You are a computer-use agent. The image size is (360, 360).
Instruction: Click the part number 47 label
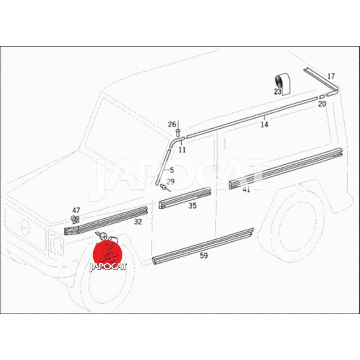pyautogui.click(x=76, y=210)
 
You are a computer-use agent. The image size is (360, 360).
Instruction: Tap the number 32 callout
pyautogui.click(x=138, y=222)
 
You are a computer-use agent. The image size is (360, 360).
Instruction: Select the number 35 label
pyautogui.click(x=193, y=206)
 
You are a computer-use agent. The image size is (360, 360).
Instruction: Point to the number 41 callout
pyautogui.click(x=246, y=189)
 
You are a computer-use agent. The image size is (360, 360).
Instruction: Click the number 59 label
pyautogui.click(x=204, y=256)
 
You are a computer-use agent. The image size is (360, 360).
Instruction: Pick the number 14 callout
pyautogui.click(x=265, y=125)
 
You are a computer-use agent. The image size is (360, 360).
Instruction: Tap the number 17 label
pyautogui.click(x=331, y=76)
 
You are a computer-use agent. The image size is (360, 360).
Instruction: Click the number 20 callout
pyautogui.click(x=322, y=104)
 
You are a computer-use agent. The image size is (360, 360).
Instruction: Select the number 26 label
pyautogui.click(x=172, y=125)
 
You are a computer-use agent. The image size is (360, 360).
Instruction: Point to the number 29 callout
pyautogui.click(x=171, y=182)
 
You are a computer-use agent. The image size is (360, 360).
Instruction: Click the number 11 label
pyautogui.click(x=182, y=150)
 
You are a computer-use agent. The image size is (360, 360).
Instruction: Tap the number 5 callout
pyautogui.click(x=172, y=171)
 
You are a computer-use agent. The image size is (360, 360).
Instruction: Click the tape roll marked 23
pyautogui.click(x=283, y=84)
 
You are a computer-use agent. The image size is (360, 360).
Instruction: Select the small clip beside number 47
pyautogui.click(x=75, y=220)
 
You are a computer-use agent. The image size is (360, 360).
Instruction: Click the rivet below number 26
pyautogui.click(x=178, y=132)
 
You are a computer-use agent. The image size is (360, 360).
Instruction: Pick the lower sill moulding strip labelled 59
pyautogui.click(x=203, y=246)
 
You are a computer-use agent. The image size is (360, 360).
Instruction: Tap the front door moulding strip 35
pyautogui.click(x=185, y=198)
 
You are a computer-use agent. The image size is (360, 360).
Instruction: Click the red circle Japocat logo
pyautogui.click(x=108, y=255)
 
